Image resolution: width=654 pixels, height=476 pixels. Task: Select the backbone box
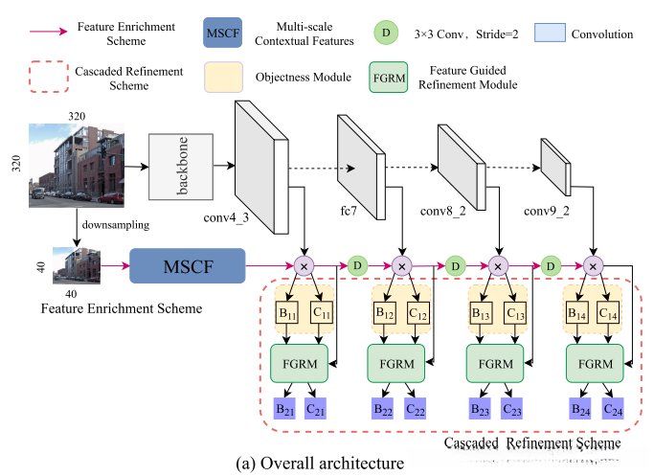click(x=181, y=166)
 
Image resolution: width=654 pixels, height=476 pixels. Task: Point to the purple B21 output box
click(x=285, y=409)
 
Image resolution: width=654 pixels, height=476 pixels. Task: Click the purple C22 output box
click(x=416, y=409)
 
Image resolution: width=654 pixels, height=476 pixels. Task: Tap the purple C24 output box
click(x=612, y=409)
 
